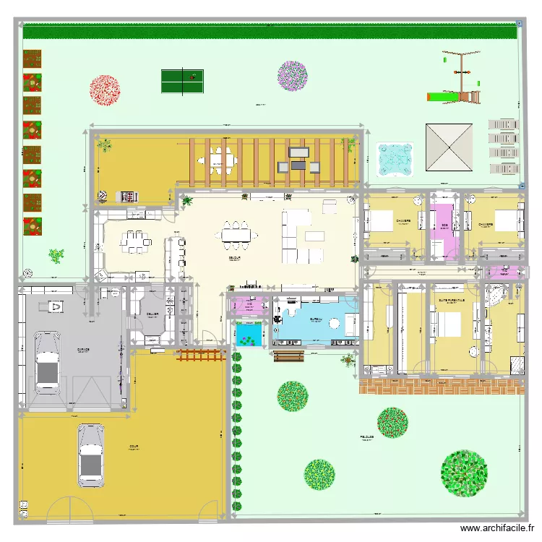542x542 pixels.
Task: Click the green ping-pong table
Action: (x=181, y=80)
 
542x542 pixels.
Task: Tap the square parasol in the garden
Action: (x=449, y=147)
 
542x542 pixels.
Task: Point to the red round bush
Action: (x=105, y=90)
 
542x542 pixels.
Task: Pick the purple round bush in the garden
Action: (x=293, y=76)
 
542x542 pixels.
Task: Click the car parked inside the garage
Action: (x=47, y=361)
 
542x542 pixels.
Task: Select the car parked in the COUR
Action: (x=90, y=454)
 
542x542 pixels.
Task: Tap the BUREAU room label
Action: (x=316, y=318)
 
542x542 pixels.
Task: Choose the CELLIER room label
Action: (x=152, y=314)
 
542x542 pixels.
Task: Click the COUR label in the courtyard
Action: (x=134, y=447)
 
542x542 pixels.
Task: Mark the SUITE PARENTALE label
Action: (x=452, y=301)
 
